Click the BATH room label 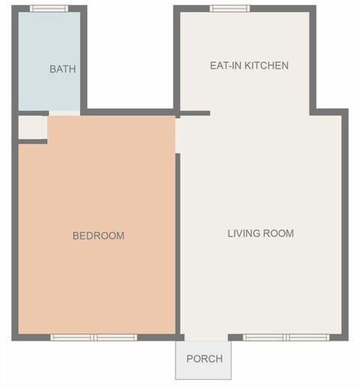point(62,69)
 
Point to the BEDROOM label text point(98,236)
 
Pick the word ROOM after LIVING point(280,233)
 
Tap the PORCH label point(204,359)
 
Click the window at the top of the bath point(49,8)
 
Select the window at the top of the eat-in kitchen point(229,8)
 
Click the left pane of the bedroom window point(72,338)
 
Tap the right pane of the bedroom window point(115,338)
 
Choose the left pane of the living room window point(265,338)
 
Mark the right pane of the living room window point(308,338)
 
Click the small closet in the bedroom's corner point(31,128)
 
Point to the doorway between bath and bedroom point(64,113)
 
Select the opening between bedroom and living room point(178,135)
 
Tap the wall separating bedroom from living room point(178,240)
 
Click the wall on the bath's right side point(84,60)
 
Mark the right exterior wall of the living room point(345,225)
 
